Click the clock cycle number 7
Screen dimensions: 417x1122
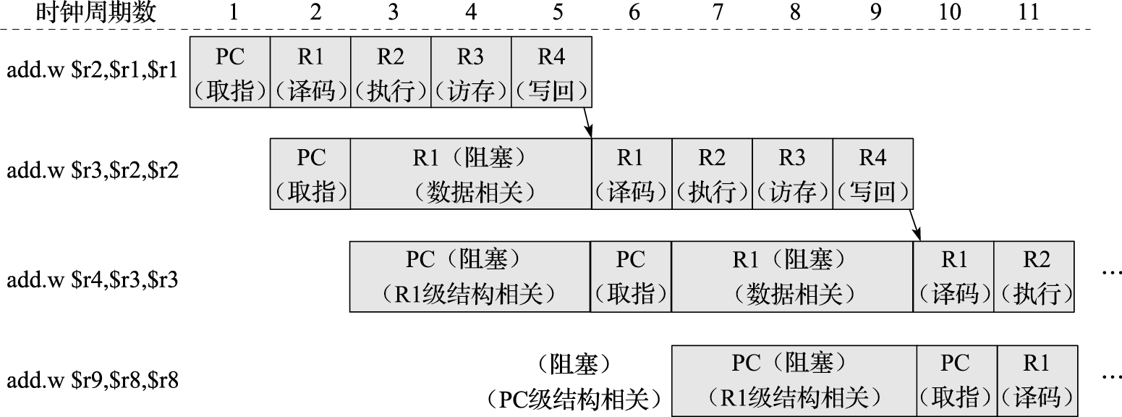pyautogui.click(x=717, y=12)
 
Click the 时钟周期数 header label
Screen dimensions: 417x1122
pyautogui.click(x=96, y=12)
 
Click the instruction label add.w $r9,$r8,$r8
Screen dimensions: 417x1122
pyautogui.click(x=92, y=380)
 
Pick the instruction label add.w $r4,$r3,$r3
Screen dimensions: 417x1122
pyautogui.click(x=92, y=278)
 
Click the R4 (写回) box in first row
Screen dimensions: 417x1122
pyautogui.click(x=551, y=73)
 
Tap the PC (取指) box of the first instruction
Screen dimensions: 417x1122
pyautogui.click(x=230, y=73)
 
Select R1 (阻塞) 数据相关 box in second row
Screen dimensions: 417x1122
pyautogui.click(x=470, y=174)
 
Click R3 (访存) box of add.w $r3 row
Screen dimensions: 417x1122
pyautogui.click(x=793, y=174)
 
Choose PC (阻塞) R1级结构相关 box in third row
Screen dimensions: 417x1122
pyautogui.click(x=469, y=277)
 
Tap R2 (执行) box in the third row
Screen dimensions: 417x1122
pyautogui.click(x=1034, y=277)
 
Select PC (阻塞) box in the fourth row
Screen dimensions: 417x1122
pyautogui.click(x=794, y=380)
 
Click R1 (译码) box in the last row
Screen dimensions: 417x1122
pyautogui.click(x=1037, y=380)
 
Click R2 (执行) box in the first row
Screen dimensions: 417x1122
pyautogui.click(x=391, y=73)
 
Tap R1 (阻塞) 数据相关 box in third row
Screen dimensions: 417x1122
pyautogui.click(x=792, y=277)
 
